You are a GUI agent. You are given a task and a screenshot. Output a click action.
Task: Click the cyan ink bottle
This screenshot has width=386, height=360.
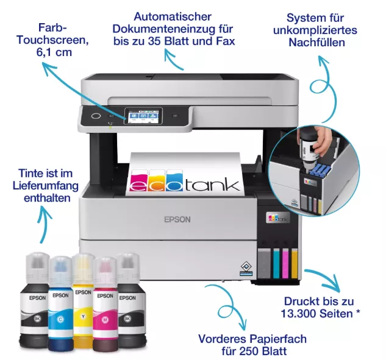(60, 303)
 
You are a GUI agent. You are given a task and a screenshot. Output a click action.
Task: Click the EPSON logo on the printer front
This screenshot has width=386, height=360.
(177, 219)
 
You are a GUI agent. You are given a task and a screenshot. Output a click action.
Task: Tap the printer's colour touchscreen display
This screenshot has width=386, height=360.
(143, 116)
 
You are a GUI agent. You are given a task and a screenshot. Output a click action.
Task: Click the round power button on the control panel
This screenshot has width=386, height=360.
(96, 116)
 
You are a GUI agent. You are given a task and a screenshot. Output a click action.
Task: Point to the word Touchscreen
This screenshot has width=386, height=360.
(52, 40)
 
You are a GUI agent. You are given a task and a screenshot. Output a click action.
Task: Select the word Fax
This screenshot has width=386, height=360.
(226, 41)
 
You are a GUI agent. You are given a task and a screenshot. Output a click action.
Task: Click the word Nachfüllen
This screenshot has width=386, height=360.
(316, 42)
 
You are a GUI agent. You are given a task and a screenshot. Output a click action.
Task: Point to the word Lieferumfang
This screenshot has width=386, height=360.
(46, 186)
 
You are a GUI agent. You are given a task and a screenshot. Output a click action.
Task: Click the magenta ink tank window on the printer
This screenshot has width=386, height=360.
(285, 263)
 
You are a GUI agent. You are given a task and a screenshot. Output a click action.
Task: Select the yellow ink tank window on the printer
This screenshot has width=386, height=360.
(295, 263)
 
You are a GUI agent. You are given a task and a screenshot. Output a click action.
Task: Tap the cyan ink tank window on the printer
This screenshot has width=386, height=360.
(276, 263)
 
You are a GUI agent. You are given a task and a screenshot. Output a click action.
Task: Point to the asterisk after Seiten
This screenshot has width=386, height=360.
(358, 312)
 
